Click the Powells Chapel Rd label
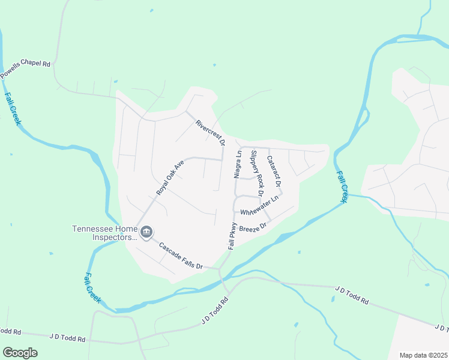tap(25, 68)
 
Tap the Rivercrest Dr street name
tap(209, 133)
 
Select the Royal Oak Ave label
tap(169, 178)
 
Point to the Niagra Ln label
tap(238, 164)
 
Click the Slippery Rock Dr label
tap(257, 173)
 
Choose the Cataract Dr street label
tap(274, 170)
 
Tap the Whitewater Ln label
tap(260, 206)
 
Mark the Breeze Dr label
tap(252, 228)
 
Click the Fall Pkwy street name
tap(232, 236)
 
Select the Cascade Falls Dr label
tap(181, 255)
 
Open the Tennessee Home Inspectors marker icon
tap(146, 232)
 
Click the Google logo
tap(20, 353)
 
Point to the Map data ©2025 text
tap(423, 355)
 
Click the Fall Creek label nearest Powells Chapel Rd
tap(13, 108)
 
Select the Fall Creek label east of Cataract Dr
tap(342, 187)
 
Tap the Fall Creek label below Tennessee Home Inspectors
tap(91, 287)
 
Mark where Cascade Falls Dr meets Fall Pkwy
tap(220, 269)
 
